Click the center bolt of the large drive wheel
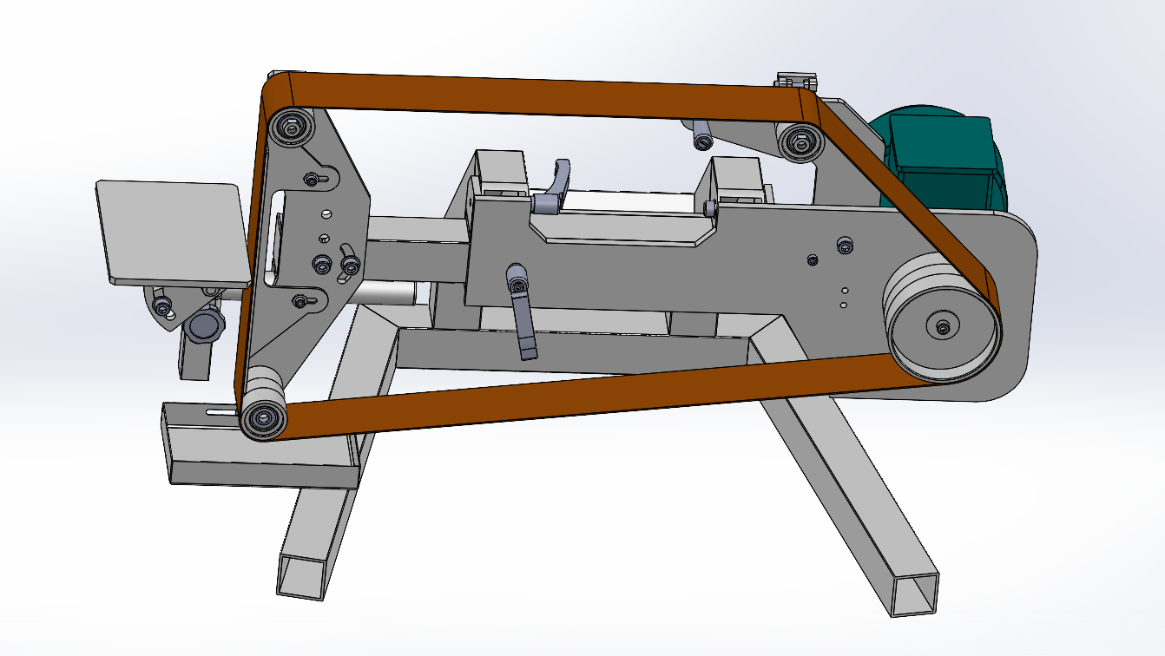pos(943,327)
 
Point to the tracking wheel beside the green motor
pos(800,141)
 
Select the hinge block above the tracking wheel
pos(796,81)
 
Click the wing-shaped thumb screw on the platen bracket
pos(350,265)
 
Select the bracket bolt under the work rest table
pos(161,305)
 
